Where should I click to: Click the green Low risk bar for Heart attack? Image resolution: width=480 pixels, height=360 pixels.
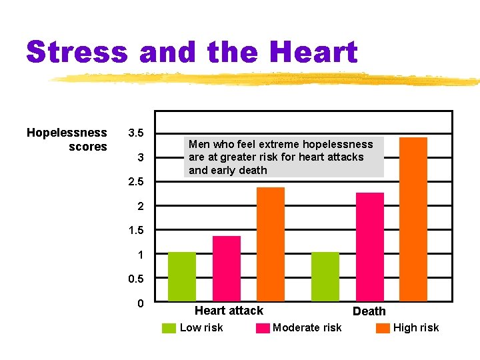[x=182, y=277]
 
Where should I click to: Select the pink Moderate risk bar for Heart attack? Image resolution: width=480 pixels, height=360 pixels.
[x=227, y=269]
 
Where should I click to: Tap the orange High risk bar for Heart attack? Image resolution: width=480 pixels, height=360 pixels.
[x=271, y=244]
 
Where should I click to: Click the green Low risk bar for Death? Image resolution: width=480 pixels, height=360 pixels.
[x=325, y=277]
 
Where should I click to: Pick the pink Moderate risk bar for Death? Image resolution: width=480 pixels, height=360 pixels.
[x=370, y=247]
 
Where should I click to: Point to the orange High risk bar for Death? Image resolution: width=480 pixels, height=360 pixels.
[x=413, y=219]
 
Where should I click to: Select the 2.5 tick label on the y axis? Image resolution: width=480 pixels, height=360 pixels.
[x=136, y=182]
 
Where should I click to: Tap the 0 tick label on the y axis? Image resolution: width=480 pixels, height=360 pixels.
[x=140, y=304]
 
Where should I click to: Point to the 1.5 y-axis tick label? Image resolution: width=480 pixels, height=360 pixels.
[x=136, y=231]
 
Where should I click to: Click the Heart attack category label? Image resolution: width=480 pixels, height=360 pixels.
[x=229, y=311]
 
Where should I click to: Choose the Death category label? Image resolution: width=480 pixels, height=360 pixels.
[x=369, y=311]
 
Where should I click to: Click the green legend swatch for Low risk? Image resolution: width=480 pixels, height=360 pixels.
[x=169, y=328]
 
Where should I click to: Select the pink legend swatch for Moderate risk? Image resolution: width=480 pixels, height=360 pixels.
[x=263, y=328]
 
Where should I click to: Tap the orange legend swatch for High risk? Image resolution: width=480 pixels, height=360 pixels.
[x=383, y=328]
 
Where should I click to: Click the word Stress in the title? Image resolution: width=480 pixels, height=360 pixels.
[x=77, y=53]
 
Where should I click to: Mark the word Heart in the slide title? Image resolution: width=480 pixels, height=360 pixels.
[x=314, y=53]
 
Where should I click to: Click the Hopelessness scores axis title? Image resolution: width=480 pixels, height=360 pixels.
[x=67, y=139]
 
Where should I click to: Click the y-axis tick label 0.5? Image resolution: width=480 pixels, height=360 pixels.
[x=136, y=279]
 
